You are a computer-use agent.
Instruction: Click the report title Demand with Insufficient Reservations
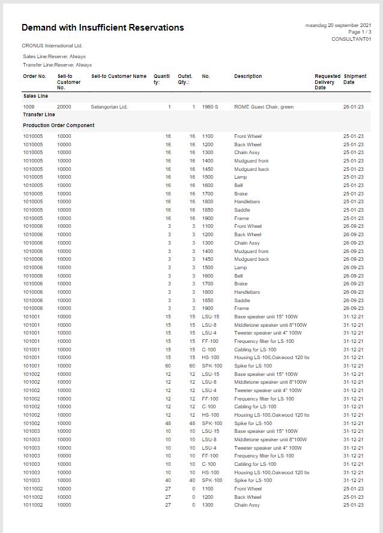click(x=103, y=28)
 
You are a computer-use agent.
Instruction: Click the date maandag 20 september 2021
click(x=338, y=25)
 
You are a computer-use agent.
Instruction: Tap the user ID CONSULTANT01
click(x=351, y=39)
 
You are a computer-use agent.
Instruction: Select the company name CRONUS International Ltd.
click(x=52, y=46)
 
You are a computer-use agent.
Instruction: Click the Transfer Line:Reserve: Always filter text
click(x=58, y=65)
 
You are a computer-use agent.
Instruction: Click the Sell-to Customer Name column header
click(x=119, y=77)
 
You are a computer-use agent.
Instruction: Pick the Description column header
click(x=248, y=77)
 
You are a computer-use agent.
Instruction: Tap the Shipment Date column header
click(x=354, y=79)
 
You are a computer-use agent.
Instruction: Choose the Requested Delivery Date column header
click(x=327, y=82)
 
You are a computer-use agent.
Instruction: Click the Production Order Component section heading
click(x=59, y=125)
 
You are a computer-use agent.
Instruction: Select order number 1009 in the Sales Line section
click(x=29, y=107)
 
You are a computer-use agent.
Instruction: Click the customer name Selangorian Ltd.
click(x=109, y=107)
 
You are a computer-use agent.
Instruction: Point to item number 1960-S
click(x=210, y=107)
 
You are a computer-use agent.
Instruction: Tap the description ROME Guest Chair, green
click(x=264, y=107)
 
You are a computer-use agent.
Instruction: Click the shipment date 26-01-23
click(x=353, y=107)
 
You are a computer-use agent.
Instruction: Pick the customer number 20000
click(x=64, y=107)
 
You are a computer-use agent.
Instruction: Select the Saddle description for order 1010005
click(x=242, y=210)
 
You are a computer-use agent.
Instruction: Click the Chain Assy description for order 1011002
click(x=247, y=505)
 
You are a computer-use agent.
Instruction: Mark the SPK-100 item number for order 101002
click(x=212, y=423)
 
